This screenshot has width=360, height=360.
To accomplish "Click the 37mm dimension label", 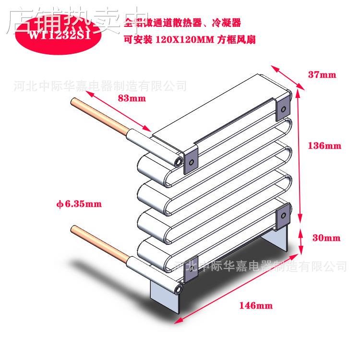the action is [x=322, y=75].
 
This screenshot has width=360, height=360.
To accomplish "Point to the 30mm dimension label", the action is [x=326, y=238].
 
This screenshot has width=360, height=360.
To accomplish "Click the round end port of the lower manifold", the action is [x=179, y=290].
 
